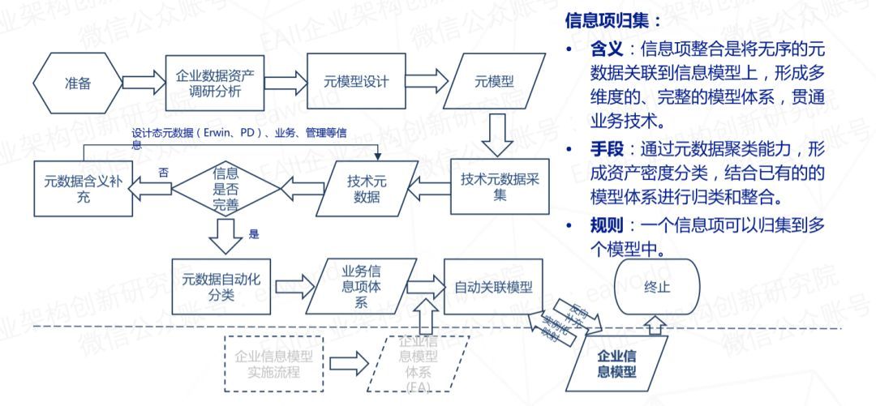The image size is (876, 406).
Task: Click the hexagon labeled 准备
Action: click(79, 83)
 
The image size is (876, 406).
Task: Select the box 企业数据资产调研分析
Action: click(215, 83)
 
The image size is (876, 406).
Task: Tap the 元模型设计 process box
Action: click(356, 83)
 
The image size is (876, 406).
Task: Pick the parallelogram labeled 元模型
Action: click(494, 83)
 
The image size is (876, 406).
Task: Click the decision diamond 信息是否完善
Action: click(225, 187)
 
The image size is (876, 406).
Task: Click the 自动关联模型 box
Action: click(493, 288)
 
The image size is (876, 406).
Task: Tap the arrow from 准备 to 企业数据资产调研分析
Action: click(143, 83)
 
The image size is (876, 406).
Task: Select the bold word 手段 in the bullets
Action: click(604, 149)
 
